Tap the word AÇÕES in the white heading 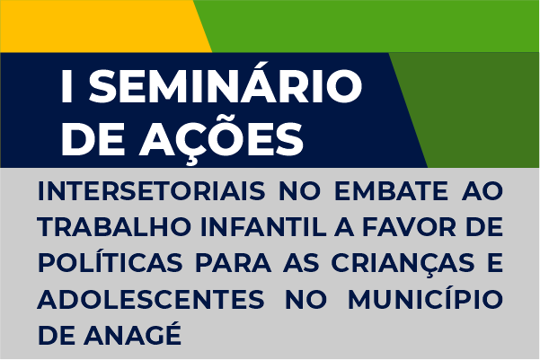coord(222,137)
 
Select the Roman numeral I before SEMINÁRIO coord(66,86)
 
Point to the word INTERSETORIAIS coord(152,191)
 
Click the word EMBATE coord(391,191)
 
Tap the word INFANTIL coord(263,227)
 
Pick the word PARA coord(233,263)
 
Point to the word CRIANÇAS coord(403,264)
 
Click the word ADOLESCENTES coord(151,300)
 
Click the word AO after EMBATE coord(482,191)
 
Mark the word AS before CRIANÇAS coord(301,263)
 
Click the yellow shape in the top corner coord(100,26)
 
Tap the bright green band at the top coord(372,26)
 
